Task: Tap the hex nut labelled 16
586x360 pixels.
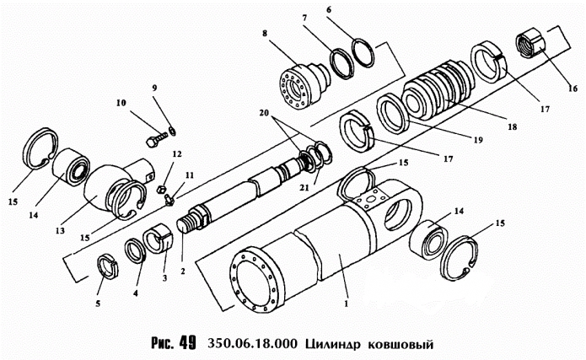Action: coord(530,42)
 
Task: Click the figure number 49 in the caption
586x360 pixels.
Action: coord(185,343)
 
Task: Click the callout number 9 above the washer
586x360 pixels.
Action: coord(154,88)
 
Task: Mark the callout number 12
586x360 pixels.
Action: coord(177,154)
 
